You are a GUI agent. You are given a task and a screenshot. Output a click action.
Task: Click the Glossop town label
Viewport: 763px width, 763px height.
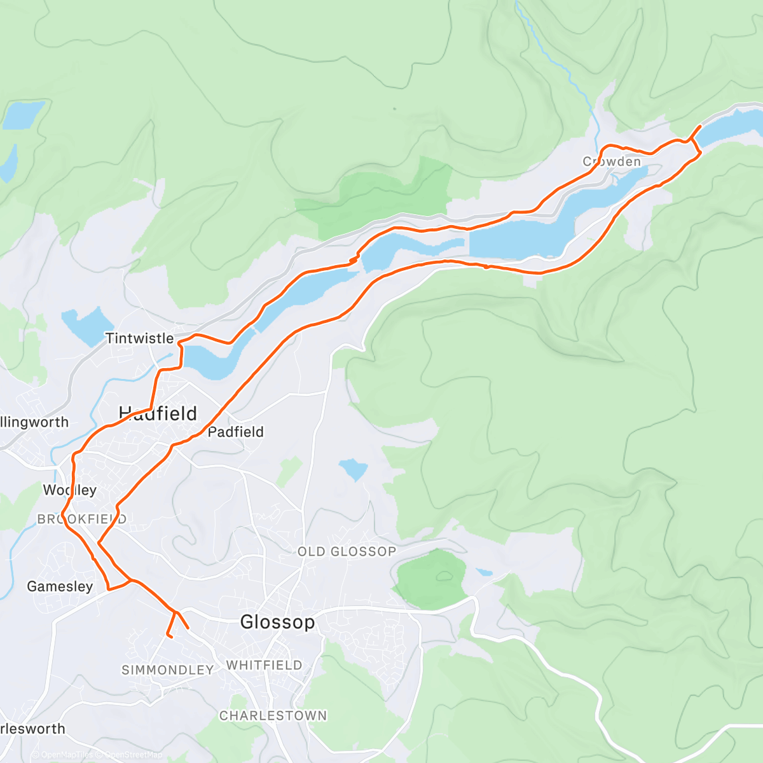click(277, 622)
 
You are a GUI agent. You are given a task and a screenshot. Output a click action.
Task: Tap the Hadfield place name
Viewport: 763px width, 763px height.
click(158, 414)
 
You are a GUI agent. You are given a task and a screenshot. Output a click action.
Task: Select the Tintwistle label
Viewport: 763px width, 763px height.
click(139, 338)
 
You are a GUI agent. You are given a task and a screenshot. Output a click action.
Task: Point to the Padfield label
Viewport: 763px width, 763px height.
click(235, 432)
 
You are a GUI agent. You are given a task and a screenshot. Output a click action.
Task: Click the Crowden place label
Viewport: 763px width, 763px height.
click(612, 162)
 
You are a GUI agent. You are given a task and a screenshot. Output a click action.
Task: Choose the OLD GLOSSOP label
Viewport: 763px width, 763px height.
click(347, 551)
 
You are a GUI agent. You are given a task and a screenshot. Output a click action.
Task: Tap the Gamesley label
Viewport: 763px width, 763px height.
click(60, 586)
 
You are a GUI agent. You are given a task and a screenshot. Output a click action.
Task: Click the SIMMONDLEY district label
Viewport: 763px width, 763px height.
click(167, 670)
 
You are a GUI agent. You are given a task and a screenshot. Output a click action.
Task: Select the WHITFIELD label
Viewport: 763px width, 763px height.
click(264, 665)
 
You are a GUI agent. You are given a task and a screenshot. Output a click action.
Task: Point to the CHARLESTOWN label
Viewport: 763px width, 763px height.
click(273, 715)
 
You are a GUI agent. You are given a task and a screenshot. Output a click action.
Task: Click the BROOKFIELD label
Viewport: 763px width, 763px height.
click(81, 519)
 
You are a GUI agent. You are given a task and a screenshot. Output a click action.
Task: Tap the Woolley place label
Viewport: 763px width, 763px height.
click(69, 490)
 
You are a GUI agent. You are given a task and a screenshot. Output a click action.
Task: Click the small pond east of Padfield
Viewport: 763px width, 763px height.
click(354, 470)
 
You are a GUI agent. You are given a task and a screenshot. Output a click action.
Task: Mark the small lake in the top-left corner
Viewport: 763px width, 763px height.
click(24, 114)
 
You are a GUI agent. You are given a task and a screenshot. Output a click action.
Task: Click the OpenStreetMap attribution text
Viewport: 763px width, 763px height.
click(133, 755)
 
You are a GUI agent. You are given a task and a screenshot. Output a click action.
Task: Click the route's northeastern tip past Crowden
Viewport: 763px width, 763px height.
click(700, 126)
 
